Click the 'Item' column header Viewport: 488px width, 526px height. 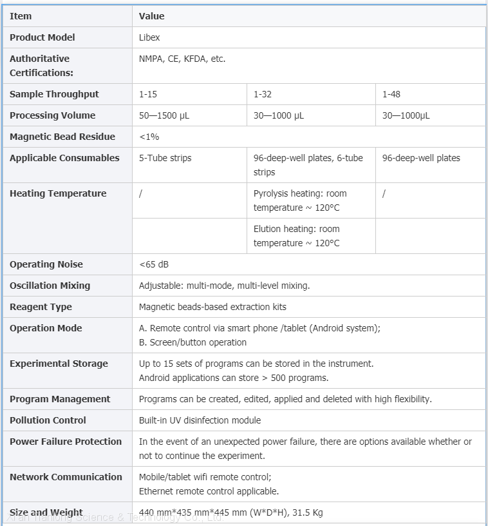click(21, 16)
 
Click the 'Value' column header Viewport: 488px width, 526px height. click(152, 16)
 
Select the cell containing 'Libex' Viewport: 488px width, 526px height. click(149, 37)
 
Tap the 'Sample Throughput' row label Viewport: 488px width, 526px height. click(54, 94)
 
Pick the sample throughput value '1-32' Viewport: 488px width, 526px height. click(263, 94)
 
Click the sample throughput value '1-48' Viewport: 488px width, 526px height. click(391, 94)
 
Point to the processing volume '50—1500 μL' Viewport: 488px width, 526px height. click(164, 115)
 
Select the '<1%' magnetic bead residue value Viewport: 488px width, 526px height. click(149, 137)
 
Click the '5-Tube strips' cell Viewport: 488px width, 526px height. click(165, 158)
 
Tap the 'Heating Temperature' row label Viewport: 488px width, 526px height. click(58, 193)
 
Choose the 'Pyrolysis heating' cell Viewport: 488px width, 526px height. click(300, 200)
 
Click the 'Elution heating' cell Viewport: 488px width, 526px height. click(297, 236)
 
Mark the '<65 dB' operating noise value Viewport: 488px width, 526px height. click(154, 264)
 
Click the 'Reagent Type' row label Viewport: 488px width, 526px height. click(41, 307)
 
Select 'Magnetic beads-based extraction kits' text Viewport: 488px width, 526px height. click(212, 307)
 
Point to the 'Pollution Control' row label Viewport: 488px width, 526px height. click(48, 420)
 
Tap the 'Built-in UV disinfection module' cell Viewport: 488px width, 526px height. click(200, 420)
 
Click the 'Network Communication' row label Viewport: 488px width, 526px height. click(66, 477)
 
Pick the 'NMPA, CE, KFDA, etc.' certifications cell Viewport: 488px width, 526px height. click(182, 59)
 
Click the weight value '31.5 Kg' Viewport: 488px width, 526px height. click(308, 513)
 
